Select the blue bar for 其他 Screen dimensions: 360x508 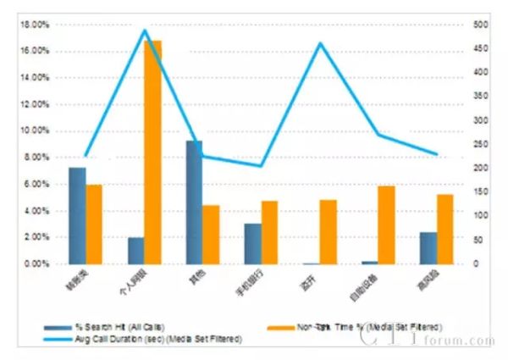[194, 202]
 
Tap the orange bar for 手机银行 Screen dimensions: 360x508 [269, 232]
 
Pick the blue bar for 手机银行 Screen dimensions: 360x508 [252, 244]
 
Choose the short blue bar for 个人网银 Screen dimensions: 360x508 [135, 251]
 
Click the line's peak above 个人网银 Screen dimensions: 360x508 [144, 30]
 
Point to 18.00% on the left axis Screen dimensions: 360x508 [34, 25]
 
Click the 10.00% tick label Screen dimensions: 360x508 [34, 131]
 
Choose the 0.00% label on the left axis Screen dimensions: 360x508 [36, 264]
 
